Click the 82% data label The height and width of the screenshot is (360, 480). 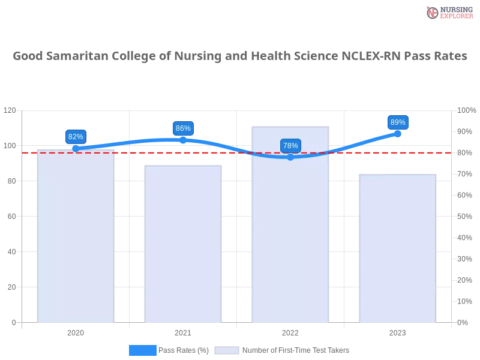pos(76,137)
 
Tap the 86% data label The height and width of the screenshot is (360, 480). pos(183,128)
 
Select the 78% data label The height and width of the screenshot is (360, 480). pos(290,146)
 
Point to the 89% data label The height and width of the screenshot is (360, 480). pos(398,122)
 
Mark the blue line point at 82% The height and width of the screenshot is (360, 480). pos(76,148)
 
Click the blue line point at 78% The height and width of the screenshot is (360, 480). pos(290,157)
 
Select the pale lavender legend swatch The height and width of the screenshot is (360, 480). pos(227,350)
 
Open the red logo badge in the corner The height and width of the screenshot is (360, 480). pos(448,12)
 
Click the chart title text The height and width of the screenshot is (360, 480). pos(240,57)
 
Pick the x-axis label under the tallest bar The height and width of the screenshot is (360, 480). pos(290,331)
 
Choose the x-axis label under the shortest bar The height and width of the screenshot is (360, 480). pos(397,331)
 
